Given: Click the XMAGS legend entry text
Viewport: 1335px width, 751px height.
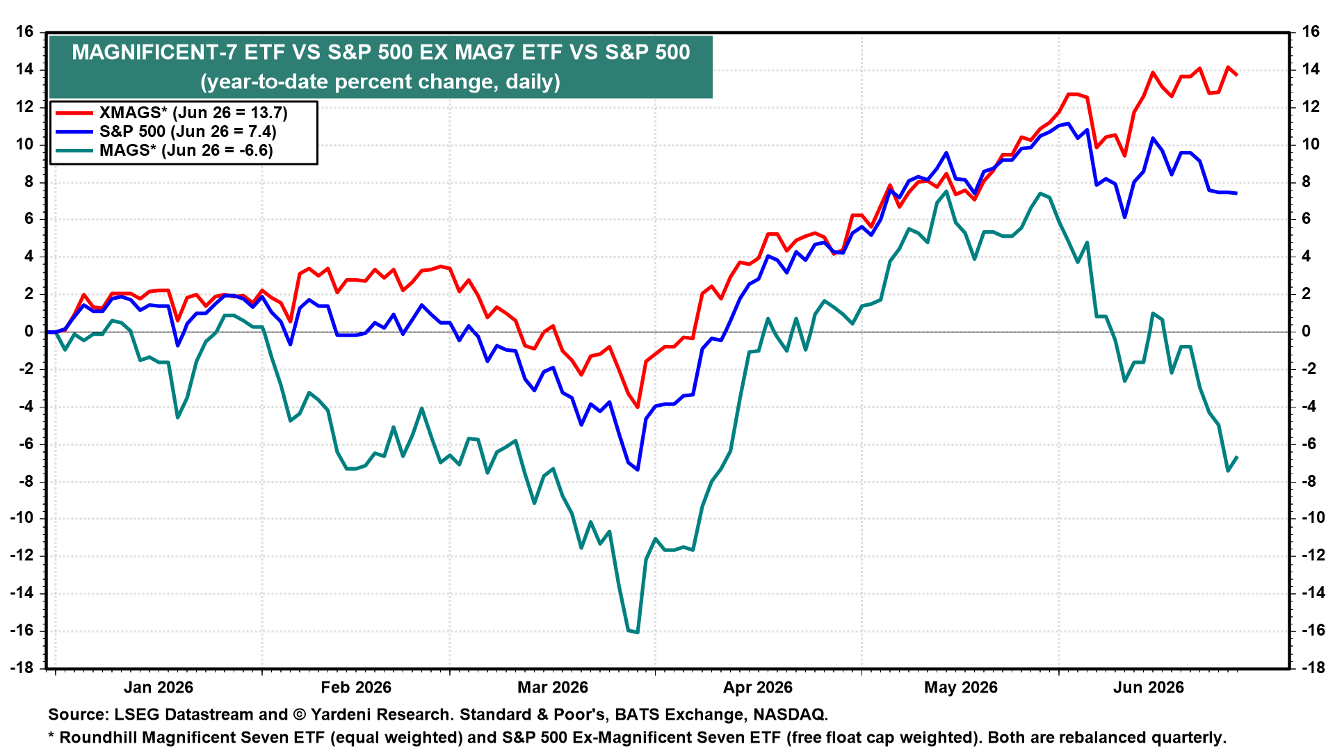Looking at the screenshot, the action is click(193, 113).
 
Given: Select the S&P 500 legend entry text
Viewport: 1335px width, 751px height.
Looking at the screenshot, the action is click(188, 131).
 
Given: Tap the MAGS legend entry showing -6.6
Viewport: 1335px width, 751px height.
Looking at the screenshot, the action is click(186, 150).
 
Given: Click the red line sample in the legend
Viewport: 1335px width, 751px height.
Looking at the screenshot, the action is click(74, 113).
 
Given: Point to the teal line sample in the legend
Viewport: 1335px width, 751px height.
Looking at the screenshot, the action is click(74, 150).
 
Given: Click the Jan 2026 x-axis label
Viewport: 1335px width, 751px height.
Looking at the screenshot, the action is click(159, 688).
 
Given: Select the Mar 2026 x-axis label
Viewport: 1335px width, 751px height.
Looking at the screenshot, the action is click(553, 688).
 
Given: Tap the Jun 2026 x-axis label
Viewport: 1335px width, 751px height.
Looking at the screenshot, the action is click(1149, 688).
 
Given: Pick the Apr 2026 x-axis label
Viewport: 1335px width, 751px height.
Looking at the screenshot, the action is click(758, 688).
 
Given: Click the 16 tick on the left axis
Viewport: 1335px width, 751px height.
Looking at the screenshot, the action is click(25, 32).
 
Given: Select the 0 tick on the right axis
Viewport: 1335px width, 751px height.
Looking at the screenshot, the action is click(1305, 332).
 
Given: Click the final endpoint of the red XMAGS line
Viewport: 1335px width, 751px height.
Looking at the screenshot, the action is click(1237, 74).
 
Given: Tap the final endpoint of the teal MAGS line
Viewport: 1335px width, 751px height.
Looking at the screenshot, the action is click(1237, 457).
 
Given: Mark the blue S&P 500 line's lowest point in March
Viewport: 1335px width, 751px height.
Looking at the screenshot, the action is click(638, 469).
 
